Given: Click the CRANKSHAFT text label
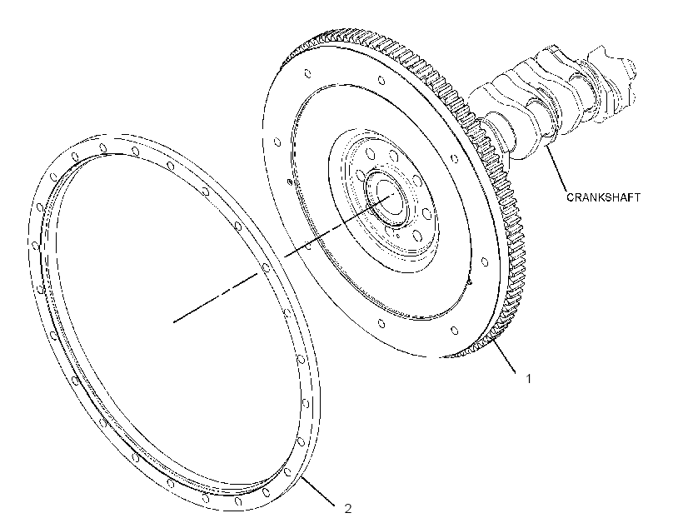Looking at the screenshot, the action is (x=603, y=197).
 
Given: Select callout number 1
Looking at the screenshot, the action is (x=528, y=379).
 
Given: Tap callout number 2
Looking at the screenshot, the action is (x=347, y=508).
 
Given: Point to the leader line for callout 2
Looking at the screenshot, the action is (x=317, y=491).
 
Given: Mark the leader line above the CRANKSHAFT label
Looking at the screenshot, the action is (x=556, y=169).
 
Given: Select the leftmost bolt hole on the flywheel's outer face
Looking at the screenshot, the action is (x=277, y=142).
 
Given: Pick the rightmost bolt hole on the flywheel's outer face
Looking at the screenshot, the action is (x=485, y=262).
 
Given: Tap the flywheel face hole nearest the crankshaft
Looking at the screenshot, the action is (x=455, y=159).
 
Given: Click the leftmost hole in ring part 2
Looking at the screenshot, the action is (x=35, y=247).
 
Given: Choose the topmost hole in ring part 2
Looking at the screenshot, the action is (x=102, y=148).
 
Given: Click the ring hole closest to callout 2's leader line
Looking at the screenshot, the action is (x=287, y=472).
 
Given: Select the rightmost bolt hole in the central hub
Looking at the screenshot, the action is (x=426, y=214).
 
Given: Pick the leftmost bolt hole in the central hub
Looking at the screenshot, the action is (x=361, y=176).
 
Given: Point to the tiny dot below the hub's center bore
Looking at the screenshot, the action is (x=397, y=237).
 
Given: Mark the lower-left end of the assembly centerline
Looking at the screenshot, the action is (x=173, y=322).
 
